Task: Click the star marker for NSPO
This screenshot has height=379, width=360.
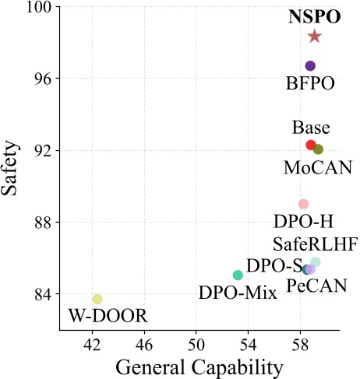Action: click(x=314, y=37)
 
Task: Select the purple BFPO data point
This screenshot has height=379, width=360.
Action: click(x=310, y=66)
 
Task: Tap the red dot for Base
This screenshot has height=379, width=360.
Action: click(x=310, y=146)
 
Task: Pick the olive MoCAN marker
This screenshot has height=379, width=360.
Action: click(x=318, y=149)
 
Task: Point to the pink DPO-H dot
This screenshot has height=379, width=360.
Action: click(x=303, y=204)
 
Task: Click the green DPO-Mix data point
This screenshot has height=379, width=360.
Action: click(x=238, y=275)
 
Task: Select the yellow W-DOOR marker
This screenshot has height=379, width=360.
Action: click(x=97, y=299)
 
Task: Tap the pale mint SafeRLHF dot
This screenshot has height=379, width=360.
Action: click(x=316, y=262)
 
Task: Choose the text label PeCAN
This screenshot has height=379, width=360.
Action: click(x=317, y=287)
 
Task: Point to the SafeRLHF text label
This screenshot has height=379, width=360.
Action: click(x=315, y=244)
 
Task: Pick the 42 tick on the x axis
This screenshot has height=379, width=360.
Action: click(x=92, y=343)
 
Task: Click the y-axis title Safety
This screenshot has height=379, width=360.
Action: click(x=12, y=167)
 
